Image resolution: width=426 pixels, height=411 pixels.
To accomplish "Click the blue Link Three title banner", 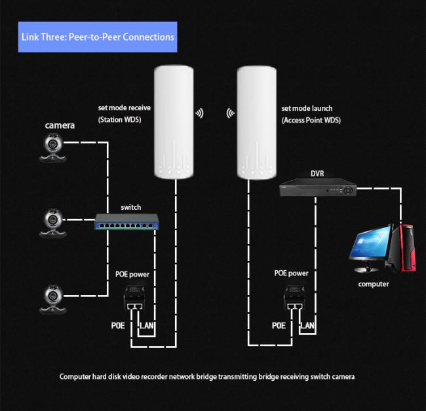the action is (98, 37).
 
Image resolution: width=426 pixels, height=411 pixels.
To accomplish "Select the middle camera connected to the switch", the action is (52, 224).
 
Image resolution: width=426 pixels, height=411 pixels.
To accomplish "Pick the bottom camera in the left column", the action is (52, 299).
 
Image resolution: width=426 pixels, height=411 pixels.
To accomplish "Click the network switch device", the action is (127, 222).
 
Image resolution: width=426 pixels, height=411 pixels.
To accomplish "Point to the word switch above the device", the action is (130, 207).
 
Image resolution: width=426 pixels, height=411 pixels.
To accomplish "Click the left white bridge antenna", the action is (174, 122).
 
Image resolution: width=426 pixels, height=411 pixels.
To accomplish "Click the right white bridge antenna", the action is (257, 123).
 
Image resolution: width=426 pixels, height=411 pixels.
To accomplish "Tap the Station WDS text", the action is (119, 120).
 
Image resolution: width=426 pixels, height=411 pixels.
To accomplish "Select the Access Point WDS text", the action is (311, 121).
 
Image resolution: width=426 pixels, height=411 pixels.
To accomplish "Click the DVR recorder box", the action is (318, 187).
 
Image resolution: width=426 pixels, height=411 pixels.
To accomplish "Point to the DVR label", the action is (317, 174).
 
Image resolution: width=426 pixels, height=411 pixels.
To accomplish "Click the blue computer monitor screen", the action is (370, 243).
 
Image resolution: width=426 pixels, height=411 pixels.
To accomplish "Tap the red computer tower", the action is (404, 248).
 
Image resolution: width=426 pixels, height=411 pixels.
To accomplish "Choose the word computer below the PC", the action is (374, 284).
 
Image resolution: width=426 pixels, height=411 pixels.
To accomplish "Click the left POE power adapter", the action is (134, 298).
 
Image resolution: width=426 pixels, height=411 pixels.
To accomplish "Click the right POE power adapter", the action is (294, 297).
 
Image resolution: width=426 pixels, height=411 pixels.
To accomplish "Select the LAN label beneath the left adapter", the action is (147, 325).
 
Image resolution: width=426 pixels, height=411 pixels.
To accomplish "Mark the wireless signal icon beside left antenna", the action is (199, 113).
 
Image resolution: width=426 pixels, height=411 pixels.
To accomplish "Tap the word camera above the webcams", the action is (60, 125).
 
